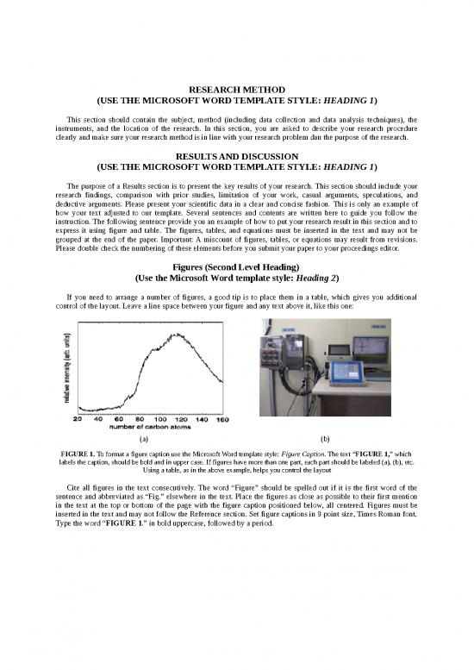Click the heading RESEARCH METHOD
pyautogui.click(x=236, y=88)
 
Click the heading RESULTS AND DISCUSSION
pyautogui.click(x=236, y=155)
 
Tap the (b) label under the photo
pyautogui.click(x=324, y=438)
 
